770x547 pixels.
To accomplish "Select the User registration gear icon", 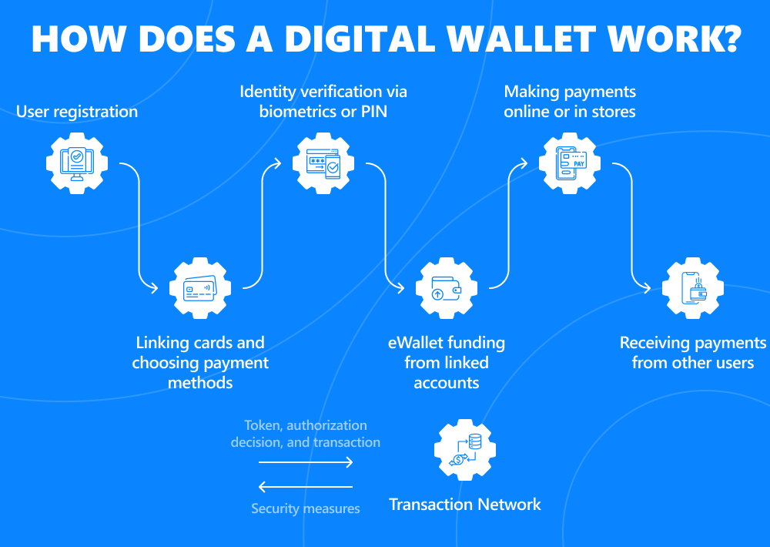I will coord(76,161).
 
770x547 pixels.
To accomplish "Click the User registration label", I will coord(77,112).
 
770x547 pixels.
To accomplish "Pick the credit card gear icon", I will coord(199,290).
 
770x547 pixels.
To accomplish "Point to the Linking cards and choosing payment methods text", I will coord(200,362).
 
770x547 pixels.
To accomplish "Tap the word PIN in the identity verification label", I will coord(370,112).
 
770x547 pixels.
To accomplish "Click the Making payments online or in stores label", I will coord(570,102).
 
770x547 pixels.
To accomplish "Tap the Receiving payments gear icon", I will coord(693,290).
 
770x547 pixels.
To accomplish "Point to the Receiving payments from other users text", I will coord(693,352).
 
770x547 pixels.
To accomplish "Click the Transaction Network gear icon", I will coord(465,450).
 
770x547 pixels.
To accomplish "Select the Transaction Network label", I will coord(465,505).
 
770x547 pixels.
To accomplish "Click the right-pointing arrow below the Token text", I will coord(306,462).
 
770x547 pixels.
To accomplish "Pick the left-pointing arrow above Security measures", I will coord(306,487).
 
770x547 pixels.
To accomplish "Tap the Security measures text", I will coord(306,508).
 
